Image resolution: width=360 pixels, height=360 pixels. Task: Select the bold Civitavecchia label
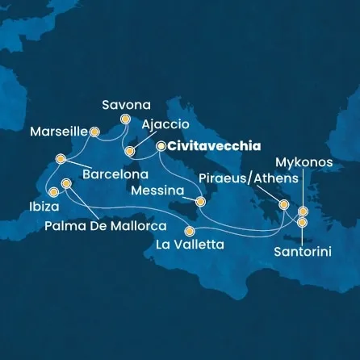[x=215, y=146]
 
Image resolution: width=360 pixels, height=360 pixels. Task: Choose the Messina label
[x=157, y=191]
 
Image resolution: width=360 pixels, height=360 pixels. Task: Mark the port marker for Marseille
[x=94, y=129]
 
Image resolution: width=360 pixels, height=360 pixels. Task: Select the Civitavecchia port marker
[x=161, y=147]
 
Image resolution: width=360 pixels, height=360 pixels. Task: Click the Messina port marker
[x=200, y=201]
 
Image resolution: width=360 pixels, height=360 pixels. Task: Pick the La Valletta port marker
[x=191, y=229]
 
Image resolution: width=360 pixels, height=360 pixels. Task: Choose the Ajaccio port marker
[x=129, y=151]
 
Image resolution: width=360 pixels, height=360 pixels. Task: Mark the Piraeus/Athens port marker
[x=283, y=205]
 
